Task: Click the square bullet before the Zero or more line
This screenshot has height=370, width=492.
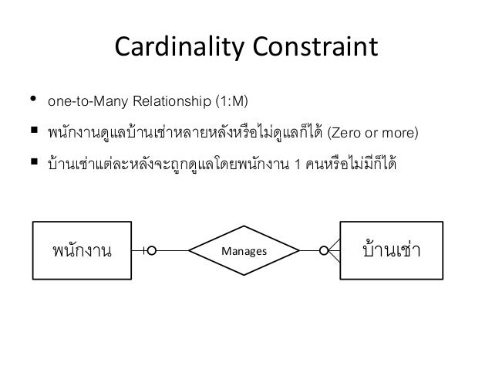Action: coord(34,135)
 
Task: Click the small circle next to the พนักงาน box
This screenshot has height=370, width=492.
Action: coord(153,250)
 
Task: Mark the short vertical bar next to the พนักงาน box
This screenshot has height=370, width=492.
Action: coord(145,250)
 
